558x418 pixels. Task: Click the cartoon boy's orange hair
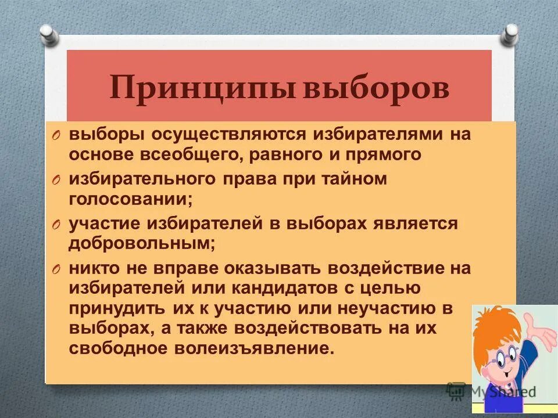[494, 325]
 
